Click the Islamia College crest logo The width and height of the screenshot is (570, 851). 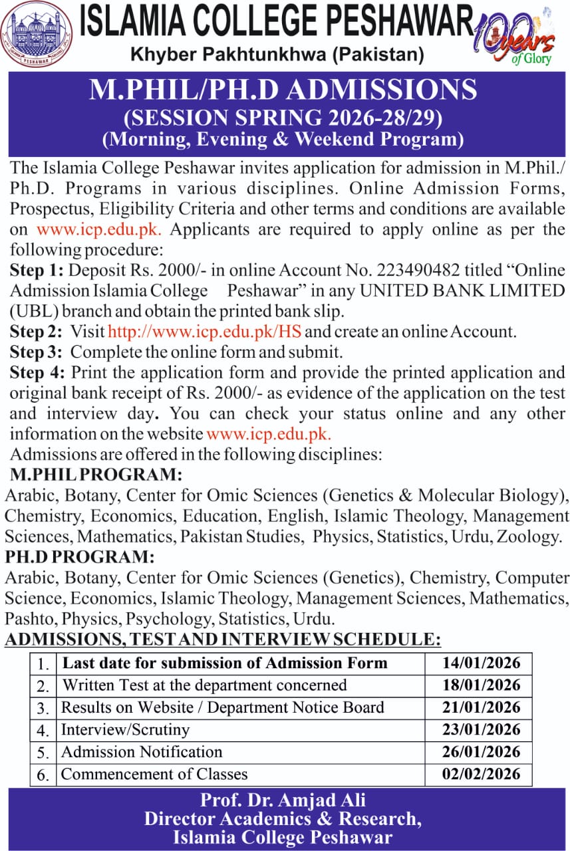tap(37, 34)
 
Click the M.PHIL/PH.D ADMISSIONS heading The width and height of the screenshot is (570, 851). tap(283, 90)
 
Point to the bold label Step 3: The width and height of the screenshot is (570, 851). tap(37, 352)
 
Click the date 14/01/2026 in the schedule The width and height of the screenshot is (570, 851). tap(481, 663)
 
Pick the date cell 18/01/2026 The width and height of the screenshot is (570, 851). tap(481, 685)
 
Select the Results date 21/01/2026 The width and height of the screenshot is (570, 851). tap(481, 707)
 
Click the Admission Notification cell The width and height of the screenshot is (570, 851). tap(142, 752)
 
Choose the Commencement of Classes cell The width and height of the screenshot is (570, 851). tap(154, 774)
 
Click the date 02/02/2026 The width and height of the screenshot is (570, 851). tap(481, 774)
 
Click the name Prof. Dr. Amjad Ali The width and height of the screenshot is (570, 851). tap(283, 799)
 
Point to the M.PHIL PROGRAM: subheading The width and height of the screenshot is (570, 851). tap(96, 475)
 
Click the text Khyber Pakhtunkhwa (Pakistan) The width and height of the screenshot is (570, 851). tap(277, 53)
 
